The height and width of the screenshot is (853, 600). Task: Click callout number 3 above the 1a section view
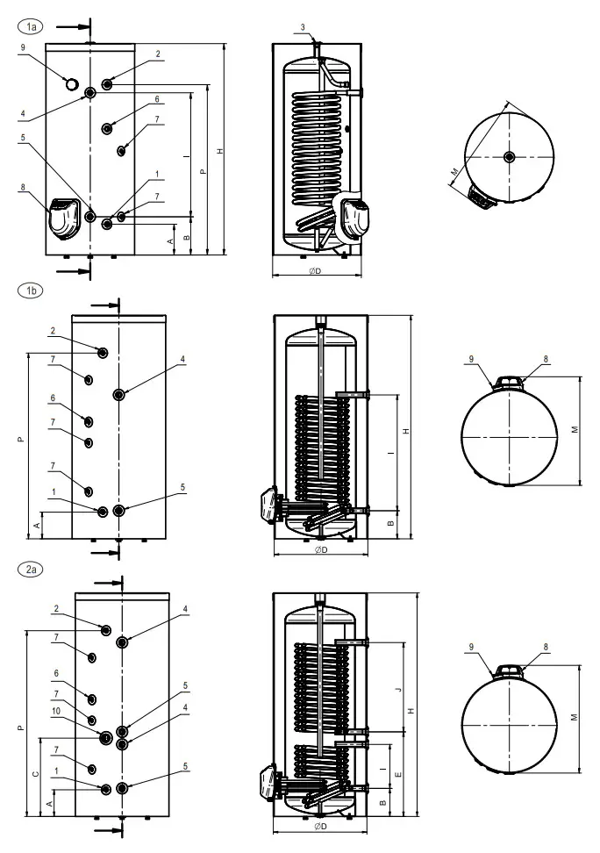click(303, 28)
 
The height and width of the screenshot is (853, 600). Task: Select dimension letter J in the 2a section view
click(398, 691)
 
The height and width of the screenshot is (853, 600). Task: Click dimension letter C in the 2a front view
click(34, 773)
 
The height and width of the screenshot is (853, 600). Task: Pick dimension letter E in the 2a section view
click(398, 775)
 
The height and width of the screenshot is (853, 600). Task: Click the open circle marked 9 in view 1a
click(71, 82)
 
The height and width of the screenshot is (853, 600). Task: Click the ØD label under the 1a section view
click(315, 271)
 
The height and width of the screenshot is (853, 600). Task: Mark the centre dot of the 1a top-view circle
click(510, 157)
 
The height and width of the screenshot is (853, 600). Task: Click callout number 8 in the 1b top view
click(545, 359)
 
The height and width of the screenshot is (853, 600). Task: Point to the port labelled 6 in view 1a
click(107, 128)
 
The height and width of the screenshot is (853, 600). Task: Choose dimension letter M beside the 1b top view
click(574, 430)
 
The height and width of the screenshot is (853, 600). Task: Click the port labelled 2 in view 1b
click(104, 352)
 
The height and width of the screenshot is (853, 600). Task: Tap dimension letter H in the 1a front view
click(219, 151)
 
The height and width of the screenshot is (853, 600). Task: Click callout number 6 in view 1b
click(53, 398)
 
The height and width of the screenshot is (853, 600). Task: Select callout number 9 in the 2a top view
click(471, 648)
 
